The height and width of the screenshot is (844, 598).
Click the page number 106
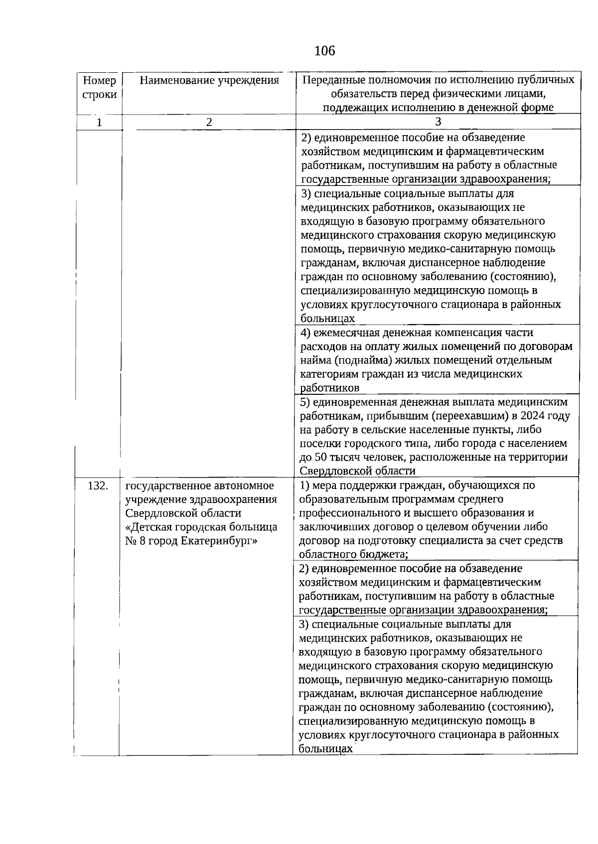325,50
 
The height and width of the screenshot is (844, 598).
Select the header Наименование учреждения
209,80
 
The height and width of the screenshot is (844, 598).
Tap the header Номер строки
100,87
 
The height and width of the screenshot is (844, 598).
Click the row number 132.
98,486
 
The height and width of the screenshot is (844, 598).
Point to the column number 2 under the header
209,122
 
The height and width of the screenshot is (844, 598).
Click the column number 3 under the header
438,122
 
